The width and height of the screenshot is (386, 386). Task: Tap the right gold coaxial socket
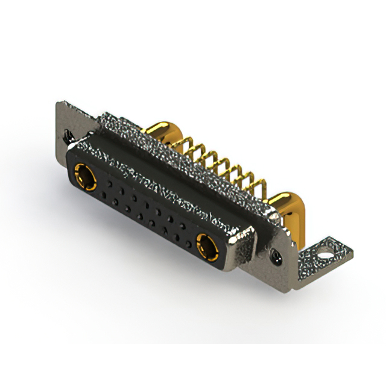(x=207, y=245)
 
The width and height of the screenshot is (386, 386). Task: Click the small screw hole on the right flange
(x=277, y=257)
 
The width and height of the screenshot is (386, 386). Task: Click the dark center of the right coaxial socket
(x=207, y=245)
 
